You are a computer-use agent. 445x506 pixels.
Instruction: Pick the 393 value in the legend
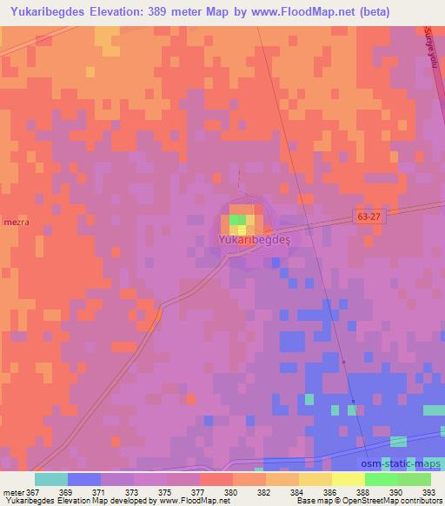point(430,491)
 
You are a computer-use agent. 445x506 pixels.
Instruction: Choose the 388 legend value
point(364,491)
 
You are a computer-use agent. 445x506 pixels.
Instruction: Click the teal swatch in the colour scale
point(51,479)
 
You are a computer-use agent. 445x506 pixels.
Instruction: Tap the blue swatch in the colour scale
point(84,479)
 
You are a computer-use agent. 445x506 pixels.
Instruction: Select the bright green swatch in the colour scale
point(381,479)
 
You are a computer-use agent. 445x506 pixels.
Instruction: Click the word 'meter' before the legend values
point(12,491)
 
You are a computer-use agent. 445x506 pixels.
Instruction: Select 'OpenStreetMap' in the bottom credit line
point(357,502)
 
